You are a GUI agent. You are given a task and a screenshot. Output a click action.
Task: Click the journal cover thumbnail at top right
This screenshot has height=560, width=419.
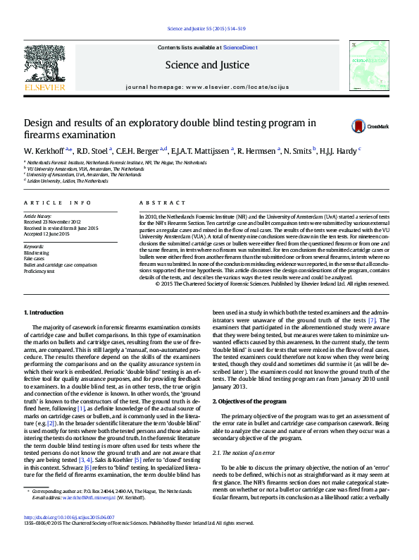pos(368,65)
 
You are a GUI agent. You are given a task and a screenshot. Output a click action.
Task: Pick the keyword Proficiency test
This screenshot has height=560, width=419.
pos(39,271)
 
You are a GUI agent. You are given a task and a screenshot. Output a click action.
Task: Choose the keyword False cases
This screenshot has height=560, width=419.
pos(35,258)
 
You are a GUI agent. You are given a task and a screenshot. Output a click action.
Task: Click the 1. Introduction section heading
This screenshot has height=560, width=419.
pos(44,312)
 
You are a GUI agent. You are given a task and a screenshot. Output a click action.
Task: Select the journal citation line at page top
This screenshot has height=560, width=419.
pos(206,28)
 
